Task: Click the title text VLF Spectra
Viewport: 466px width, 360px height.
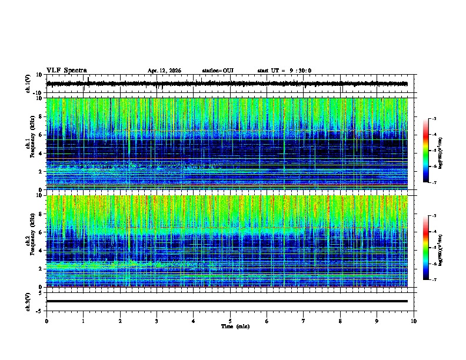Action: (66, 71)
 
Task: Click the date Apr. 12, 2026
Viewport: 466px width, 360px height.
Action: (164, 71)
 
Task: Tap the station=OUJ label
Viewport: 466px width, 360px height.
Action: (218, 71)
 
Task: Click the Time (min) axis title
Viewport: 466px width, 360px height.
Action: (235, 326)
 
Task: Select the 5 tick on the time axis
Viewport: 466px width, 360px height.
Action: (230, 321)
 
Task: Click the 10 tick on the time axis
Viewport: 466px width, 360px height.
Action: (414, 321)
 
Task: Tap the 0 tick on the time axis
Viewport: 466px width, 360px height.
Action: (46, 321)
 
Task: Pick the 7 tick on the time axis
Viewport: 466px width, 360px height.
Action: (304, 321)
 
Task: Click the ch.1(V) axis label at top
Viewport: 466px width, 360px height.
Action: (28, 84)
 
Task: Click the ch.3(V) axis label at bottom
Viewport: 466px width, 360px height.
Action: (28, 301)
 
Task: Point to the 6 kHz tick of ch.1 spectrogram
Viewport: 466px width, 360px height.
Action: (42, 135)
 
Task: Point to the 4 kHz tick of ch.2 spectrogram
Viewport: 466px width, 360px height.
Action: (42, 251)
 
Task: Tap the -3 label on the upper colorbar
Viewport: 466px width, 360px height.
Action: (434, 119)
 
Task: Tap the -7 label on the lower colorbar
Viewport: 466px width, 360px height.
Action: (434, 280)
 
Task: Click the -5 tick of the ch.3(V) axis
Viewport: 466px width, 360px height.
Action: (41, 310)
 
